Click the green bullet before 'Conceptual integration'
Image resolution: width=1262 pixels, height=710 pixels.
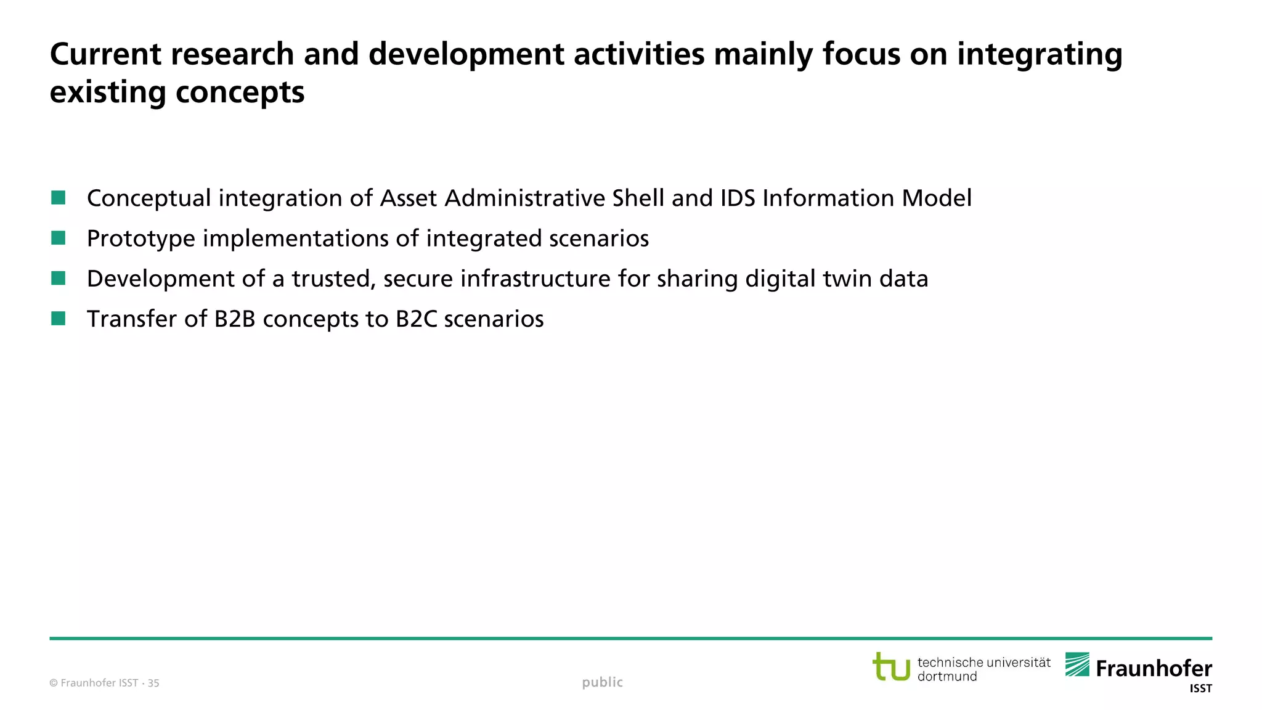tap(59, 198)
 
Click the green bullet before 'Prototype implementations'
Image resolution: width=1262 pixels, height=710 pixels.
tap(59, 238)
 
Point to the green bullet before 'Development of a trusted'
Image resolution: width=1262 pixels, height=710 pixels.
tap(59, 279)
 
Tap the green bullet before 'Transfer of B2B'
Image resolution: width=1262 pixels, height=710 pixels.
tap(59, 319)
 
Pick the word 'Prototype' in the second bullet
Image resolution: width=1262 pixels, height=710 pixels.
tap(141, 239)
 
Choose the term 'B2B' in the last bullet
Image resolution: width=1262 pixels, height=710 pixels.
tap(235, 319)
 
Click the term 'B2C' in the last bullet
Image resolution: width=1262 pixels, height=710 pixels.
tap(417, 319)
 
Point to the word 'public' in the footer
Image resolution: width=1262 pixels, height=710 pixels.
tap(602, 682)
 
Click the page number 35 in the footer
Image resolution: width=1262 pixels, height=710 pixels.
tap(153, 683)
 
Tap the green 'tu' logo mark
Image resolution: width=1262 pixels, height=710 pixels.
tap(891, 667)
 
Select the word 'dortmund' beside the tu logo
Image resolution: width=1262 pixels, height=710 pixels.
tap(947, 677)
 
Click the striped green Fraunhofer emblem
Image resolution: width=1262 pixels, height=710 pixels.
tap(1077, 664)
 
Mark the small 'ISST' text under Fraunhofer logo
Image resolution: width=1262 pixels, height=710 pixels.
tap(1200, 689)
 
